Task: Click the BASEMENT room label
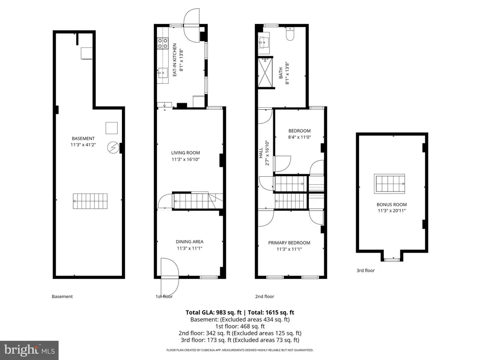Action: (83, 138)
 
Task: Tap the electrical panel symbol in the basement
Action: (113, 148)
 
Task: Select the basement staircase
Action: (90, 201)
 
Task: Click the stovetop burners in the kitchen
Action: (163, 43)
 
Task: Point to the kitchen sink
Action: (163, 73)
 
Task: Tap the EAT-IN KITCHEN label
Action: (174, 60)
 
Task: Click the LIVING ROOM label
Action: (186, 153)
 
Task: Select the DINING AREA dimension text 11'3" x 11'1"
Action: (189, 248)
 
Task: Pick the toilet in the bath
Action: (290, 34)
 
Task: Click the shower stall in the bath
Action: (265, 73)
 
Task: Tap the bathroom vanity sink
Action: (263, 43)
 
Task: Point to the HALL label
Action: (261, 153)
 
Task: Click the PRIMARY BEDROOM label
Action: (289, 243)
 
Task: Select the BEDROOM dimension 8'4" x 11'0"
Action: (300, 137)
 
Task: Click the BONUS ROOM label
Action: (391, 204)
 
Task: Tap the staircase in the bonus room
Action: (390, 184)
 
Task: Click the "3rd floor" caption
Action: (366, 270)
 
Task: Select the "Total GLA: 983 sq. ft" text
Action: (213, 313)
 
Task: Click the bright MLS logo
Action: (29, 350)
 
